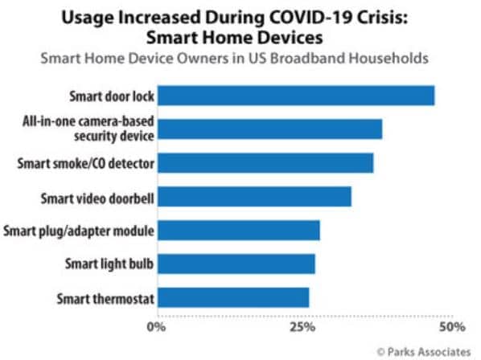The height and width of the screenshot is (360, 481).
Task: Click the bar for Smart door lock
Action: [x=295, y=96]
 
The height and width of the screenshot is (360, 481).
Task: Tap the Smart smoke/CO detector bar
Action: [x=265, y=163]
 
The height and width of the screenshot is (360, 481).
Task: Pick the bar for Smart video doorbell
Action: [x=253, y=197]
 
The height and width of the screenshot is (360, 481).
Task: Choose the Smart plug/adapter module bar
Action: [x=238, y=231]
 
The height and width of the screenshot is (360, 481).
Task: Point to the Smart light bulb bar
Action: [x=236, y=264]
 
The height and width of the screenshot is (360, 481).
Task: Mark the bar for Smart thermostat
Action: [x=232, y=298]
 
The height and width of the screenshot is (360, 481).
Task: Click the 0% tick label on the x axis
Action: [x=156, y=328]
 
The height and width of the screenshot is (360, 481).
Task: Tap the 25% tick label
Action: [x=302, y=328]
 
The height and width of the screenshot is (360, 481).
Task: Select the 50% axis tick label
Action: [x=451, y=328]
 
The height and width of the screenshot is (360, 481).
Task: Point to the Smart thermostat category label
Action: [x=105, y=299]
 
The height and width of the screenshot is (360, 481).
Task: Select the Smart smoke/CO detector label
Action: [x=86, y=164]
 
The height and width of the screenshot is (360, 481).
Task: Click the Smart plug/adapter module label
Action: [x=79, y=231]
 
